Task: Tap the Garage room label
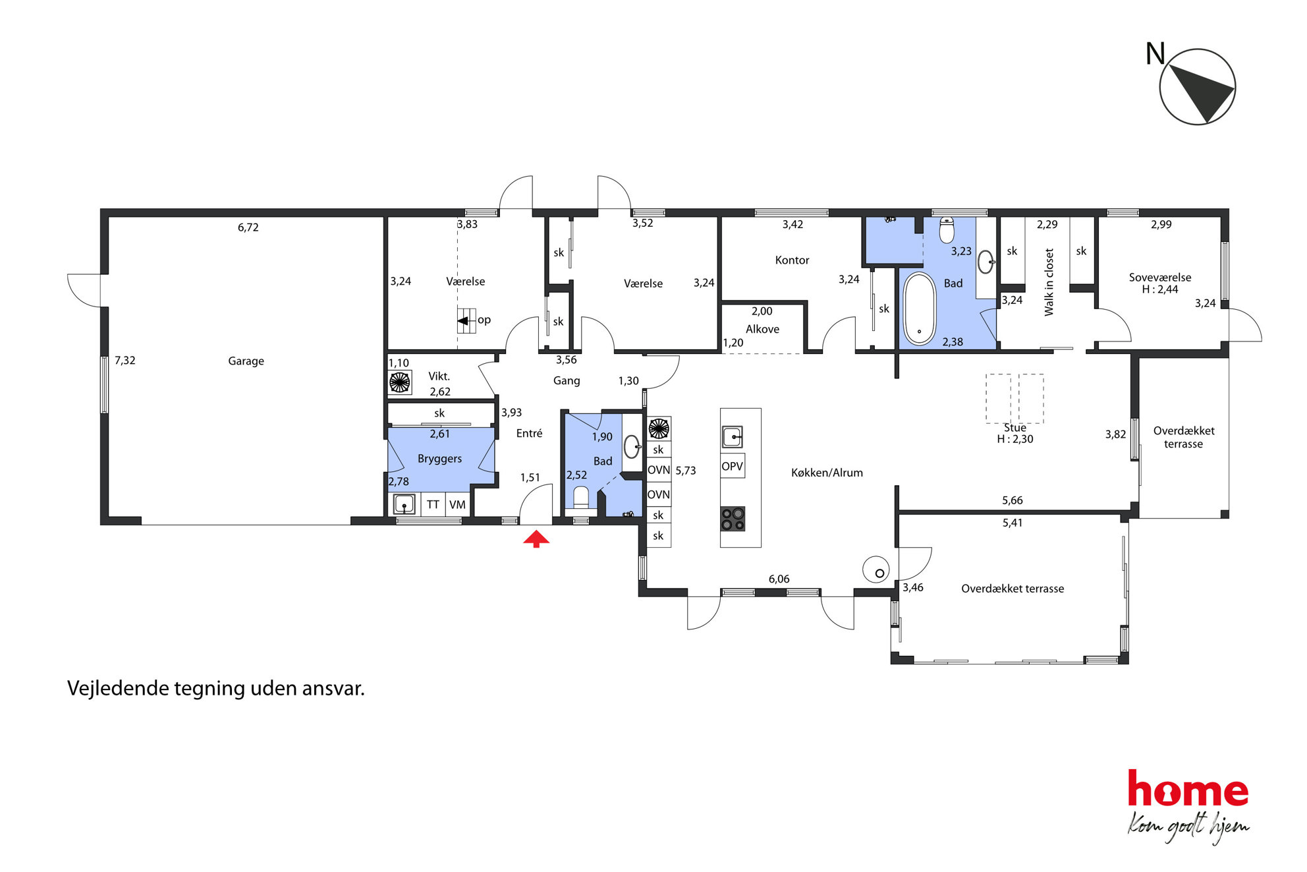click(246, 361)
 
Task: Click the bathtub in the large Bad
click(919, 309)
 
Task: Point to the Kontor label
click(792, 260)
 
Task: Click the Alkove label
click(762, 330)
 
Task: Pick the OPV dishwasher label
click(732, 466)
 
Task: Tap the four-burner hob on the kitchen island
click(733, 519)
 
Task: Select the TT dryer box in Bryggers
click(433, 504)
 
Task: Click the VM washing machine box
click(457, 504)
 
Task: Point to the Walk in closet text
click(1049, 282)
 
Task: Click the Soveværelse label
click(1160, 277)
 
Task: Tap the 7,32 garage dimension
click(125, 361)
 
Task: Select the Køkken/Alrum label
click(827, 473)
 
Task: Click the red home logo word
click(1188, 789)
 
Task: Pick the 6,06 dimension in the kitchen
click(779, 579)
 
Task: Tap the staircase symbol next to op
click(466, 321)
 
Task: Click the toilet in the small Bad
click(581, 498)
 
